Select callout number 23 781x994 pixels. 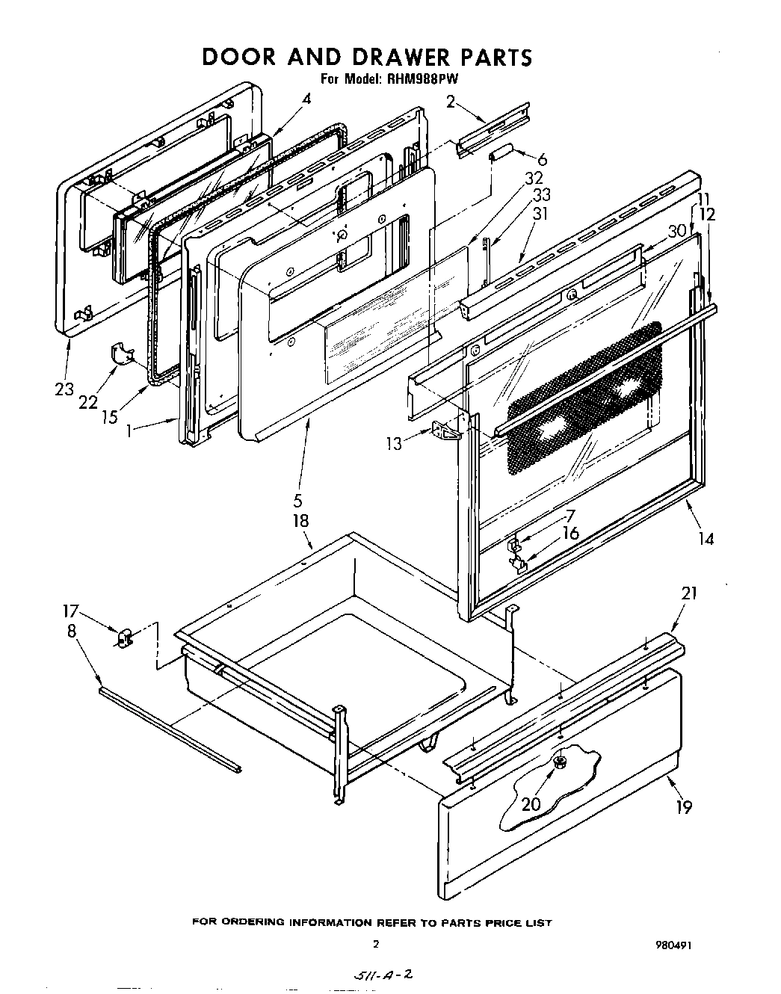click(x=64, y=389)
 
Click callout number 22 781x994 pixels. click(x=88, y=402)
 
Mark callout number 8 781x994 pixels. click(x=71, y=632)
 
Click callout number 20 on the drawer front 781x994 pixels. click(x=531, y=803)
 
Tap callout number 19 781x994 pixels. click(x=682, y=806)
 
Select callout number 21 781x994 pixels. click(x=688, y=593)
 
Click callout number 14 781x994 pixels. click(x=706, y=537)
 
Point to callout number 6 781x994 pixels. click(x=542, y=159)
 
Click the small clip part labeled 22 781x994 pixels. click(x=120, y=355)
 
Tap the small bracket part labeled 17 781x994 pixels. click(x=123, y=638)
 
